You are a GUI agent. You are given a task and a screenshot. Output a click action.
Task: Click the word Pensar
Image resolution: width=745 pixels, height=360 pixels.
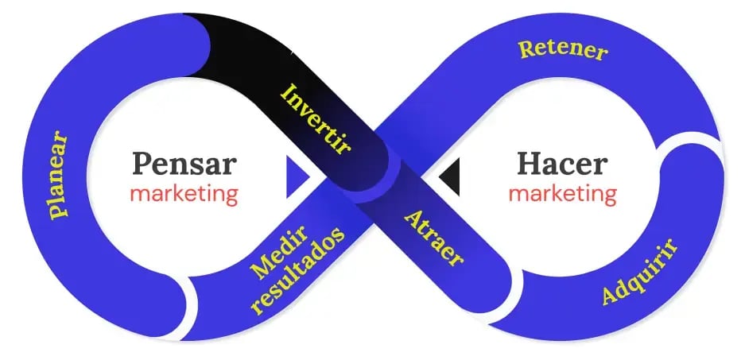click(184, 164)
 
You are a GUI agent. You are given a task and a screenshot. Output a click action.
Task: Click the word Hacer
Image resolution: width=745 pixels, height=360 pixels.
click(562, 164)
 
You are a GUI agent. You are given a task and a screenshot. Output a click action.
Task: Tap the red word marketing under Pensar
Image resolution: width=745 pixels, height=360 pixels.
click(184, 194)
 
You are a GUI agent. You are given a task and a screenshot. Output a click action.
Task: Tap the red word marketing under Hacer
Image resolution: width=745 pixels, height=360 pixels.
click(562, 193)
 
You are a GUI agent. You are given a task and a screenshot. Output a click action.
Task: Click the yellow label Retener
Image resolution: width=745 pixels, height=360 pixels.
click(563, 50)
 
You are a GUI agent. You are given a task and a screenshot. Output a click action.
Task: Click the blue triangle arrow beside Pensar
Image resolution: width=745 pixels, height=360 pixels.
click(297, 176)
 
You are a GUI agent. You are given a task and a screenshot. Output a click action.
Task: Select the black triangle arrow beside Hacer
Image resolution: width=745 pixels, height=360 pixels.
click(450, 176)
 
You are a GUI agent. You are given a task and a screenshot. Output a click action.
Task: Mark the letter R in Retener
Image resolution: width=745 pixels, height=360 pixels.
click(526, 49)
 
